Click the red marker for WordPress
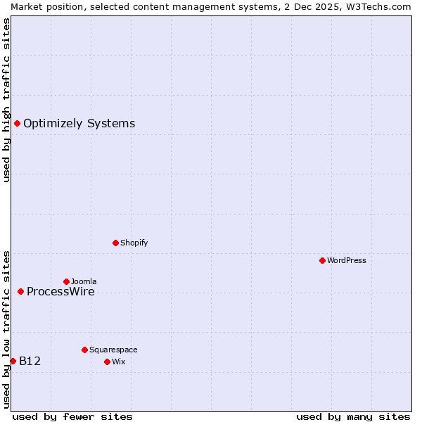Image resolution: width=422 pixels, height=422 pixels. click(x=322, y=260)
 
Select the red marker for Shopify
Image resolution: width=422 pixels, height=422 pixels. click(x=115, y=243)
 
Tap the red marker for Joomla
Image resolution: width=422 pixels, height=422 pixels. click(x=66, y=281)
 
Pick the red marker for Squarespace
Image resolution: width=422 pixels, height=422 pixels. click(x=84, y=350)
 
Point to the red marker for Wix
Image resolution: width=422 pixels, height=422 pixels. click(x=107, y=362)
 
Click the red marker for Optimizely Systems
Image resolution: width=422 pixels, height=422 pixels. click(x=17, y=124)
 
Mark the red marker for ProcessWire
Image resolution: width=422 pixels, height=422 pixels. click(x=20, y=291)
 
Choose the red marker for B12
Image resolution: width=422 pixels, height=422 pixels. click(x=13, y=361)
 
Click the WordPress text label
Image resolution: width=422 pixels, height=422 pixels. click(x=347, y=260)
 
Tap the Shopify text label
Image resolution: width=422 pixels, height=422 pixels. click(x=134, y=243)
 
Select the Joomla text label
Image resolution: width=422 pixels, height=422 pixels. click(x=84, y=281)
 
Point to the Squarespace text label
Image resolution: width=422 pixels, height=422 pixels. click(x=113, y=350)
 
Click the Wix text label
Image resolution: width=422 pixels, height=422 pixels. click(x=118, y=362)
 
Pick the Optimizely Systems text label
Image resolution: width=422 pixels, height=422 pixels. click(x=79, y=124)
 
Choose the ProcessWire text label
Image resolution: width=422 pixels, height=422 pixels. click(x=60, y=291)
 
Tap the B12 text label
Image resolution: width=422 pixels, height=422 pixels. click(x=30, y=361)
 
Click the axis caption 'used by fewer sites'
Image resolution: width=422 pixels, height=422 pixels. click(x=72, y=416)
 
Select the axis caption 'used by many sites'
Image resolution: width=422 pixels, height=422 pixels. click(x=353, y=416)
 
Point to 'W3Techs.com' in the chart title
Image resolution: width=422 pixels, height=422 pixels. click(x=381, y=6)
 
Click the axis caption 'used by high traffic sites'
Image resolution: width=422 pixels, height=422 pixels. click(x=7, y=100)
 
